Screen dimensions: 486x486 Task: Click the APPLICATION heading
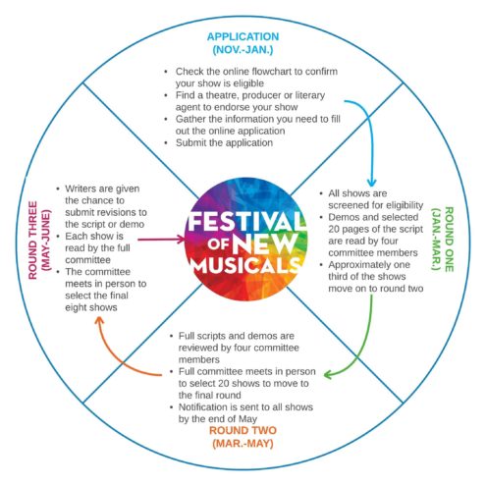click(243, 36)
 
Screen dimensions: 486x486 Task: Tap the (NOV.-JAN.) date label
click(243, 50)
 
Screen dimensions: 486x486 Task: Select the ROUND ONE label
click(449, 239)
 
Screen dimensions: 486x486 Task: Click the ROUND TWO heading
click(243, 430)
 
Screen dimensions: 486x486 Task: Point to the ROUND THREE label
click(32, 241)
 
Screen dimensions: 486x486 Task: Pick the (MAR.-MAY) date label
click(243, 444)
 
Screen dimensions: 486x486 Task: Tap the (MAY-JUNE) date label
click(46, 241)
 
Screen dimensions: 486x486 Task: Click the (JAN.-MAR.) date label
click(436, 239)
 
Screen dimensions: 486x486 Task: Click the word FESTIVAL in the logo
click(244, 222)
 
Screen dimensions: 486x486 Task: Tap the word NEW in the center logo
click(263, 243)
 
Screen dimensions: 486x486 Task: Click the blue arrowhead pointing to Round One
click(371, 183)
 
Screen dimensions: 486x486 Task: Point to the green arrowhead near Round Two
click(328, 374)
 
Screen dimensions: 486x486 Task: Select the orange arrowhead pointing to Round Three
click(99, 322)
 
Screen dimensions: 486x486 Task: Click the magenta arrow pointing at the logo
click(161, 240)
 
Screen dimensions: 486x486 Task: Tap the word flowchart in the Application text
click(272, 72)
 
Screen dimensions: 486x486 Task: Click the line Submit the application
click(224, 142)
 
